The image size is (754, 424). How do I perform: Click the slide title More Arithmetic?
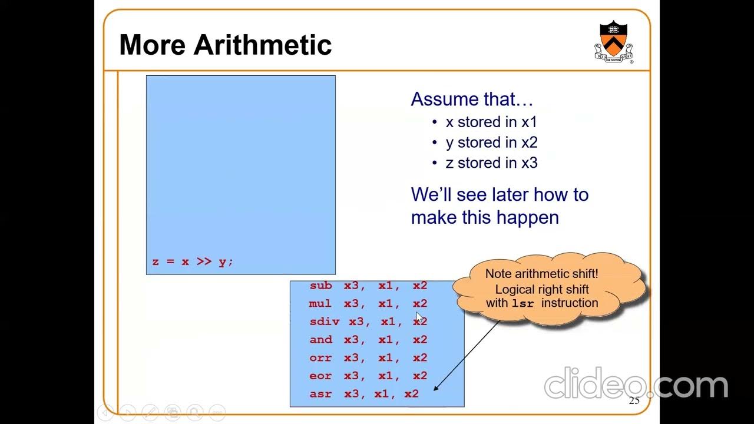(225, 45)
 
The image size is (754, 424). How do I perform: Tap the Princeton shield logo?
(613, 40)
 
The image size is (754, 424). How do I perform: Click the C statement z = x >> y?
(193, 261)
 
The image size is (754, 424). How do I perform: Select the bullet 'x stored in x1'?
(491, 122)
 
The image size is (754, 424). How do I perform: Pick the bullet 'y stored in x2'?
(491, 143)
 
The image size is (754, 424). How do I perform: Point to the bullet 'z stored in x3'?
(491, 163)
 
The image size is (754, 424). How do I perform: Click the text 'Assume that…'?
(471, 99)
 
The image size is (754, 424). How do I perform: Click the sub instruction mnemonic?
(321, 286)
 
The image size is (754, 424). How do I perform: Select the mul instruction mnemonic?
(320, 304)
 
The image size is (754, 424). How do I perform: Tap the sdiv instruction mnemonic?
(325, 322)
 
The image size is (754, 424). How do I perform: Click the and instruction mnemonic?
(321, 340)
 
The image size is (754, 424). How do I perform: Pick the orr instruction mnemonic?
(321, 358)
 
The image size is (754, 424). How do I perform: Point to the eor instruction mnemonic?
(321, 376)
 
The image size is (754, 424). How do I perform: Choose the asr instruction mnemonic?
(321, 394)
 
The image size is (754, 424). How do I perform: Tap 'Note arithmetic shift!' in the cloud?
(541, 274)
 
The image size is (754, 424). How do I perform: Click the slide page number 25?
(634, 401)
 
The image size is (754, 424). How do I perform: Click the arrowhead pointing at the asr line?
(436, 388)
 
